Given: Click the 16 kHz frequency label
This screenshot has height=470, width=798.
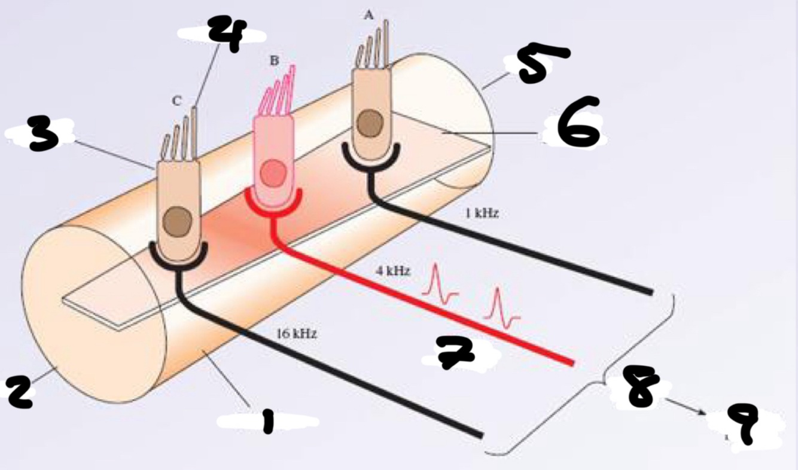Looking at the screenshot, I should [297, 334].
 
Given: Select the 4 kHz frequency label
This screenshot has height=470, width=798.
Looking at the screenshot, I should [393, 271].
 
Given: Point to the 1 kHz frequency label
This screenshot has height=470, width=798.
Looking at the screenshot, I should [482, 214].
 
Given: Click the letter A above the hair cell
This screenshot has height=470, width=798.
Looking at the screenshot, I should [369, 16].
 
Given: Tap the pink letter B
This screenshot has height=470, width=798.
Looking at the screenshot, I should [275, 60].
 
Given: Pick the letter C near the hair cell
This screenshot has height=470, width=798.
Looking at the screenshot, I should [176, 102].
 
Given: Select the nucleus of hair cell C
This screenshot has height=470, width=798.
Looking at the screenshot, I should [178, 219].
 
